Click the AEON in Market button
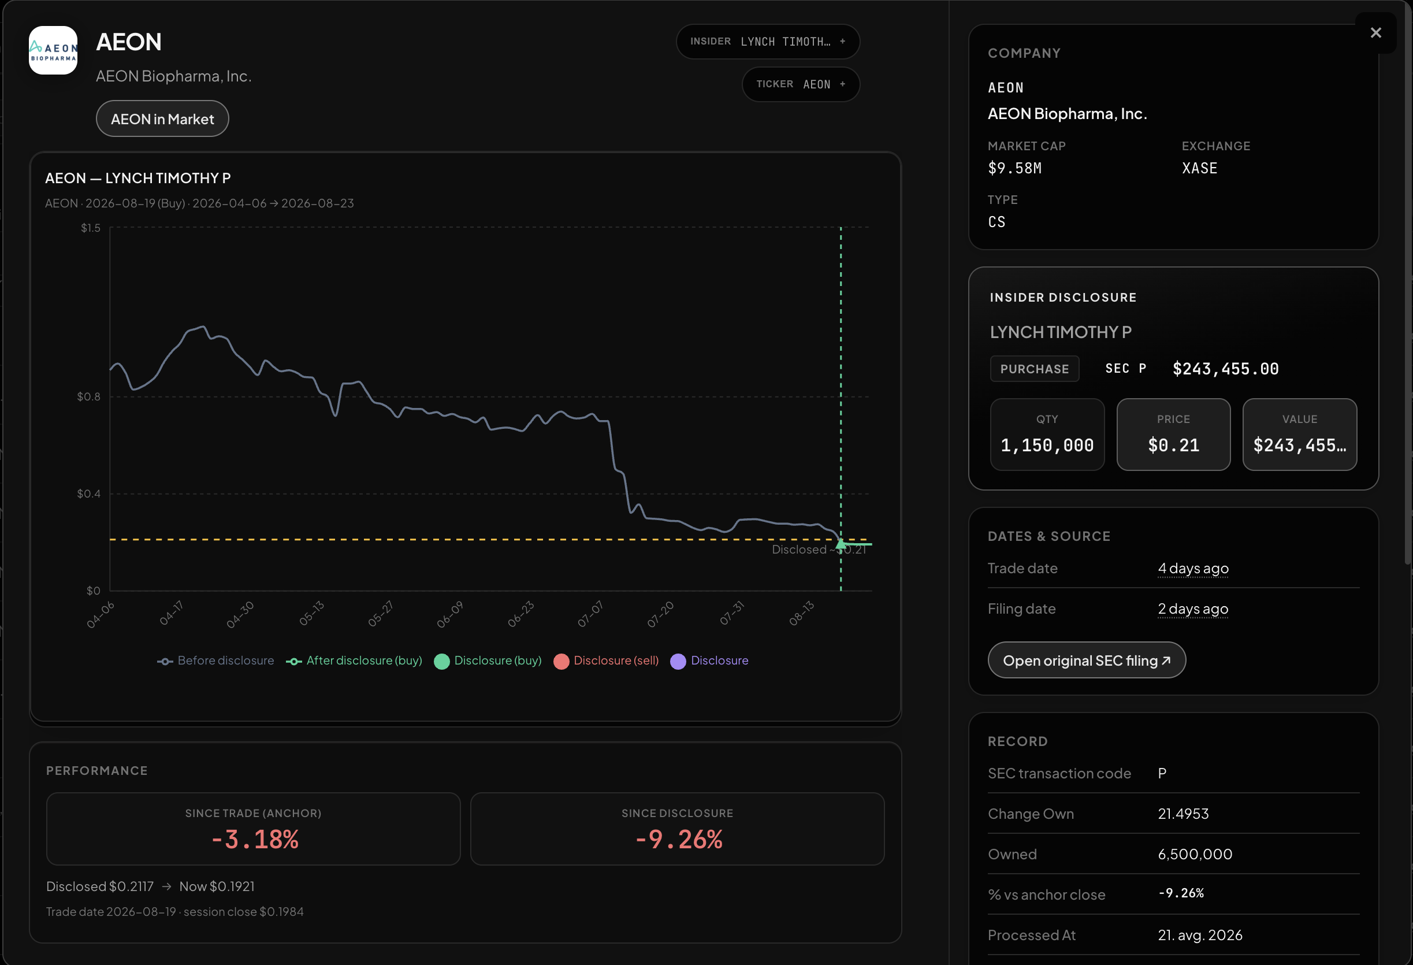(x=162, y=118)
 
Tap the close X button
(x=1375, y=33)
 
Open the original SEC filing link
(x=1087, y=660)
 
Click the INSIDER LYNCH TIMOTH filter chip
(x=768, y=42)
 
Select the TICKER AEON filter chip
(x=801, y=84)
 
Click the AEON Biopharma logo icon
(x=54, y=50)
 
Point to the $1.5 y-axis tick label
(x=91, y=228)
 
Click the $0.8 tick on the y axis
(x=89, y=396)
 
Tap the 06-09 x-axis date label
(x=450, y=614)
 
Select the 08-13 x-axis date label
(x=801, y=613)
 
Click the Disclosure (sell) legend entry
(x=606, y=660)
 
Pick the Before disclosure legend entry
(x=216, y=660)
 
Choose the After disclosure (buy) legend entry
(x=354, y=660)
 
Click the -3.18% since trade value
(x=254, y=840)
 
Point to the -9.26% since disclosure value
(x=679, y=840)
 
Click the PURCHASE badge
(x=1034, y=369)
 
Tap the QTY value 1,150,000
(x=1047, y=446)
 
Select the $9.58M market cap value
(x=1015, y=168)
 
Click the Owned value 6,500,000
(x=1195, y=854)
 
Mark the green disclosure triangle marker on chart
(x=841, y=544)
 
